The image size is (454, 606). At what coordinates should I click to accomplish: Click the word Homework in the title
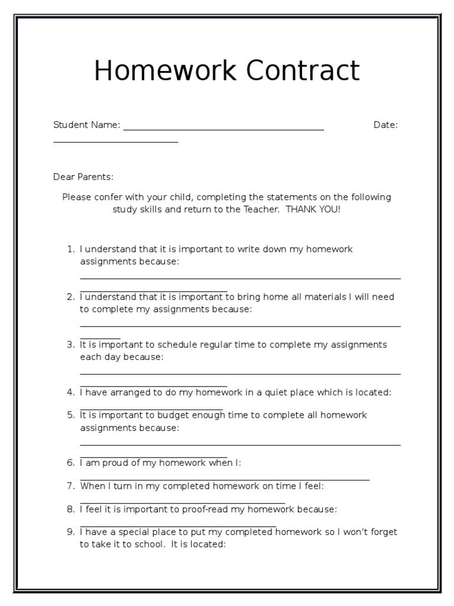click(x=166, y=71)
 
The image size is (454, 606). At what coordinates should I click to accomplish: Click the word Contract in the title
click(x=303, y=71)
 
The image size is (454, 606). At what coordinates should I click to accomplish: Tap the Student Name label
click(x=86, y=125)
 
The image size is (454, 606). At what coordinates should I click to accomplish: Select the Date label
click(x=385, y=125)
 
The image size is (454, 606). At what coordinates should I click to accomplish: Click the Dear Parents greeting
click(x=83, y=177)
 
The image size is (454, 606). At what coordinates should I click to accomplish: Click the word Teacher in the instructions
click(x=261, y=209)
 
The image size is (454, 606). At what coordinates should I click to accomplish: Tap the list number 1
click(x=70, y=249)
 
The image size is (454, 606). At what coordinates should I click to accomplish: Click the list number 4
click(x=70, y=392)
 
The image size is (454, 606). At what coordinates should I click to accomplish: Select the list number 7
click(x=70, y=486)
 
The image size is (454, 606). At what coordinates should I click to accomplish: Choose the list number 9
click(x=70, y=532)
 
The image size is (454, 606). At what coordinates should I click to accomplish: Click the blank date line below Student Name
click(x=115, y=141)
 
